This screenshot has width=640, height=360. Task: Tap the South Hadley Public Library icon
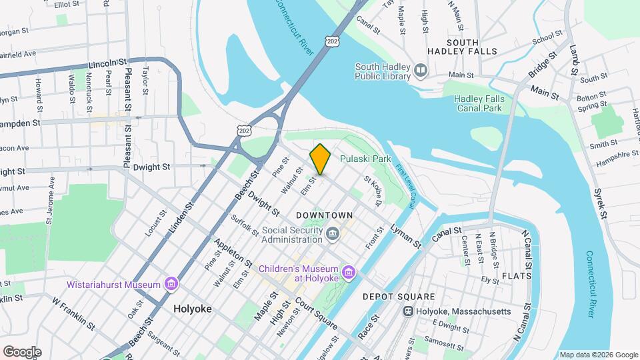(421, 70)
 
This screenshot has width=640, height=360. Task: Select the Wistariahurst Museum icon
(171, 285)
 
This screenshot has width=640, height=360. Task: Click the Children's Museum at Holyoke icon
(347, 272)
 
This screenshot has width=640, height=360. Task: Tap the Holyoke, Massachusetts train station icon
(407, 311)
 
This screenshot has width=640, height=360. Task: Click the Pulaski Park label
(365, 159)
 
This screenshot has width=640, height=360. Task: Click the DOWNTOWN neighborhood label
(324, 215)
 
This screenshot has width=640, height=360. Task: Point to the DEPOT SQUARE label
(399, 297)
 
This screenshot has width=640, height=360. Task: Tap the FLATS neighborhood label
(517, 275)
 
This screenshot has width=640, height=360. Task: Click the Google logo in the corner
(21, 351)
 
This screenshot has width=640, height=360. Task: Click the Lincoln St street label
(107, 64)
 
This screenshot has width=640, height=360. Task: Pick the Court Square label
(316, 312)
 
